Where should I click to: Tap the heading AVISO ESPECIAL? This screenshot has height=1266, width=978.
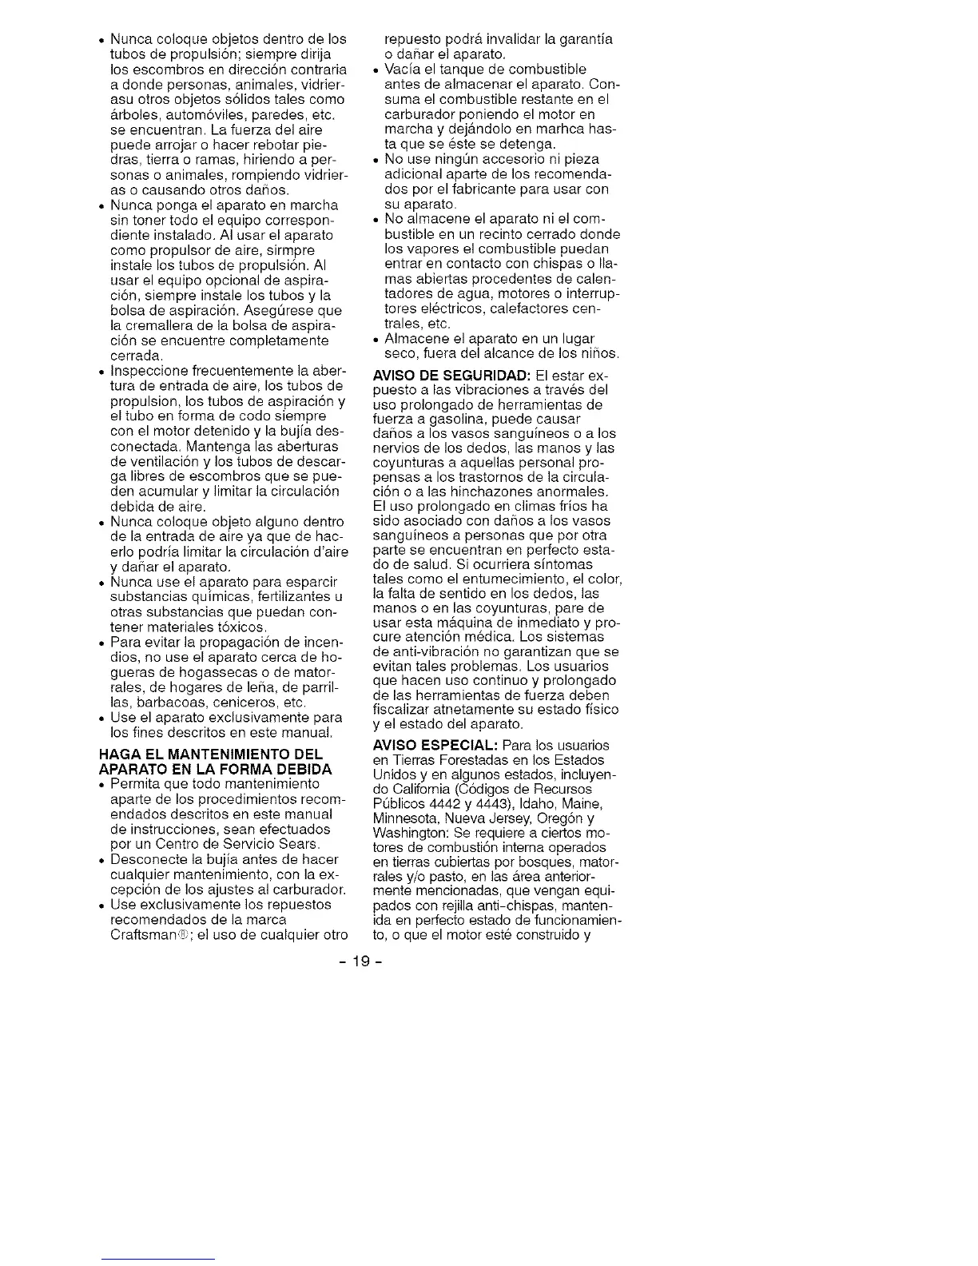point(435,745)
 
